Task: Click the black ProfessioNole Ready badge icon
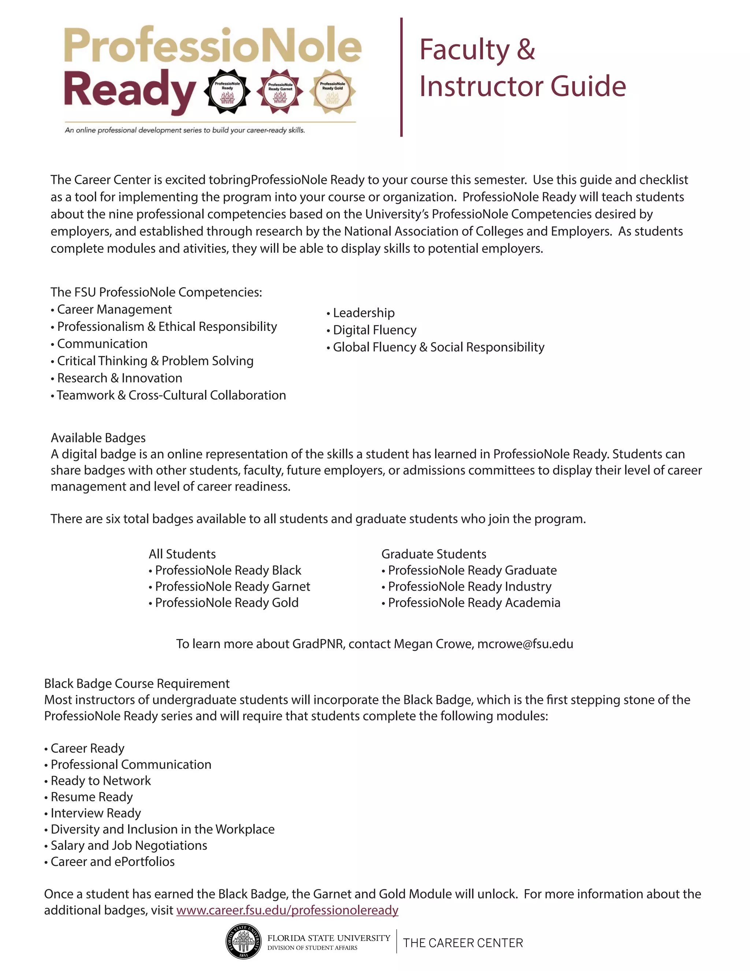click(x=227, y=91)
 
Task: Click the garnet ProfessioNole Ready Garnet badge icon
click(x=280, y=91)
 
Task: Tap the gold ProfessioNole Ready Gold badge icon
click(x=333, y=91)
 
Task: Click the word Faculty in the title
click(x=464, y=49)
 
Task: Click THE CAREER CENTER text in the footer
click(x=463, y=942)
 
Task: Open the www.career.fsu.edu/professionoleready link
click(x=287, y=910)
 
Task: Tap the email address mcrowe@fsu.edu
click(x=525, y=644)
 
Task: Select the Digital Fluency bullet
click(x=374, y=330)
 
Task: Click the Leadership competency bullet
click(x=363, y=313)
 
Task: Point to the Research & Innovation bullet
click(x=119, y=378)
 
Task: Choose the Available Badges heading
click(x=98, y=438)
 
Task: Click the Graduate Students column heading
click(x=434, y=554)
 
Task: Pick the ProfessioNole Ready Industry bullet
click(x=469, y=586)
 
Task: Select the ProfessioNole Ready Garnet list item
click(x=232, y=586)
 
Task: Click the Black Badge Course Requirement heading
click(x=137, y=683)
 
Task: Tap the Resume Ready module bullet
click(x=92, y=797)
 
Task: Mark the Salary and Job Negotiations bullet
click(x=129, y=845)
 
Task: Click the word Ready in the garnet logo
click(x=130, y=91)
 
